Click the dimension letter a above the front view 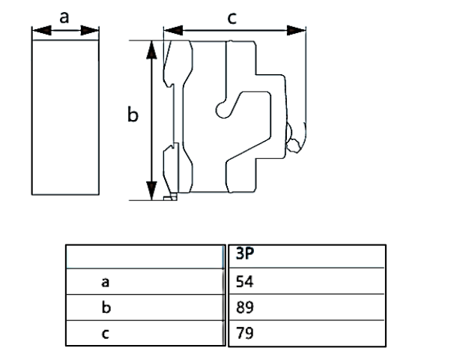64,17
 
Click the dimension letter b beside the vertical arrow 133,116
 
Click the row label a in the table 106,282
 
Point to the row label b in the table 106,307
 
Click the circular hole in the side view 223,109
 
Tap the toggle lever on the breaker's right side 295,137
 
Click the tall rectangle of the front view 64,116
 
